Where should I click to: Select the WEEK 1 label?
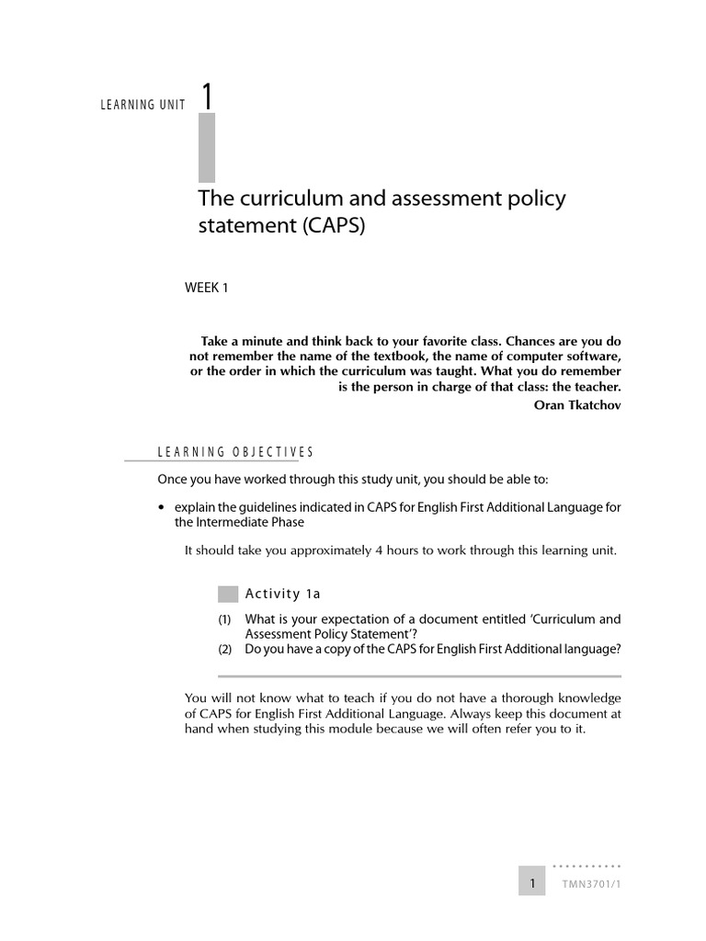(x=206, y=288)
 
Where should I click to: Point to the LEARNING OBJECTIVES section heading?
(x=235, y=451)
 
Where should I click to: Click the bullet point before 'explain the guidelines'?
(x=162, y=507)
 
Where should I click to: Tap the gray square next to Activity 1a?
(x=228, y=593)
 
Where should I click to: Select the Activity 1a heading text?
(x=282, y=593)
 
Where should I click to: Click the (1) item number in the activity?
(x=225, y=619)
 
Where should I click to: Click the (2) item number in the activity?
(x=225, y=649)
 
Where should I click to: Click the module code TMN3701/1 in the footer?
(x=593, y=884)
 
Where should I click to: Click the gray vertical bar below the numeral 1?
(x=207, y=147)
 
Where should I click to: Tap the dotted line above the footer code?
(x=586, y=867)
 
